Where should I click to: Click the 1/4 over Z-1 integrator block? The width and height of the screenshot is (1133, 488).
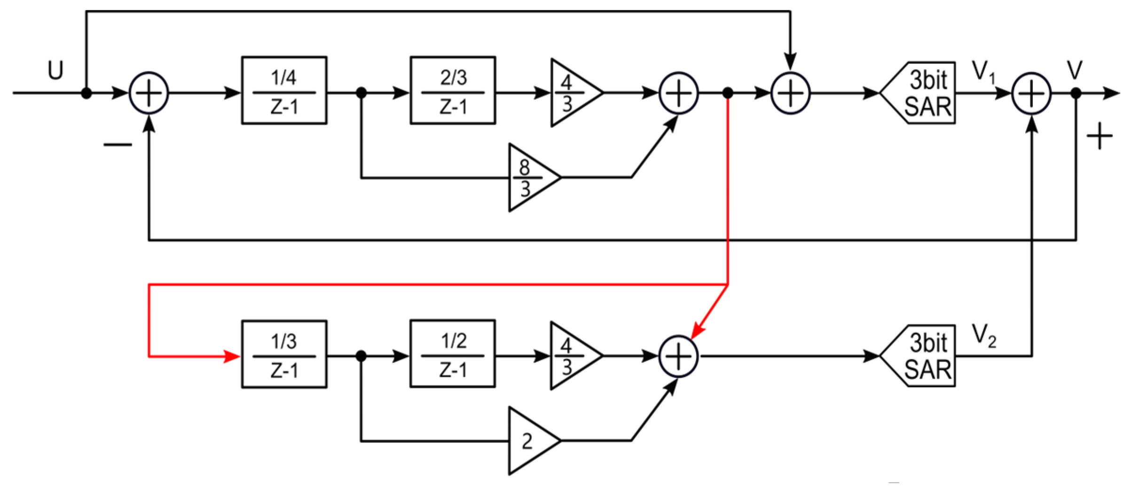pyautogui.click(x=284, y=90)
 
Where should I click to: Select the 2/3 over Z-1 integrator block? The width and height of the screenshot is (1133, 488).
pyautogui.click(x=452, y=90)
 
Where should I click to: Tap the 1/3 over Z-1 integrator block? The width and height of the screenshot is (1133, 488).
pyautogui.click(x=284, y=354)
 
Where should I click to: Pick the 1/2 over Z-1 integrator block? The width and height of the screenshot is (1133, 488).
pyautogui.click(x=452, y=354)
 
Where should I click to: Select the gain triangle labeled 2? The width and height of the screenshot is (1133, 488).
pyautogui.click(x=530, y=441)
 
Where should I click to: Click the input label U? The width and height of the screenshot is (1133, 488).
pyautogui.click(x=55, y=71)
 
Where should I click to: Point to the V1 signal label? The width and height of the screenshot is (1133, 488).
pyautogui.click(x=983, y=71)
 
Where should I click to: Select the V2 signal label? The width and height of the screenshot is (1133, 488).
pyautogui.click(x=983, y=335)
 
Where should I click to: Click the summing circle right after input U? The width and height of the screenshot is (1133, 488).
pyautogui.click(x=149, y=93)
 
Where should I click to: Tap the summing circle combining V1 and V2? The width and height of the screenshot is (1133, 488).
pyautogui.click(x=1031, y=93)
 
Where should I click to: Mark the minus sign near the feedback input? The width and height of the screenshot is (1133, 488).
pyautogui.click(x=118, y=144)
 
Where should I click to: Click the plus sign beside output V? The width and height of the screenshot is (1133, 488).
pyautogui.click(x=1099, y=136)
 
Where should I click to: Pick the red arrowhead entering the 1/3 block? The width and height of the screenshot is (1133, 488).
pyautogui.click(x=231, y=356)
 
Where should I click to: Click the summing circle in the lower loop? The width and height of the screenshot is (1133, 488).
pyautogui.click(x=678, y=356)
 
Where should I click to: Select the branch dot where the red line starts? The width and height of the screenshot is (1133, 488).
pyautogui.click(x=727, y=93)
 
